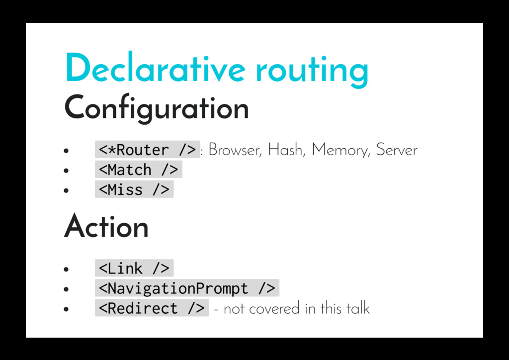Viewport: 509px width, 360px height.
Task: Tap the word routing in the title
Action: pyautogui.click(x=312, y=71)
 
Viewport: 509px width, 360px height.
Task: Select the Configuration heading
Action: pyautogui.click(x=156, y=108)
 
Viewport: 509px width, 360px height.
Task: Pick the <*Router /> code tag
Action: pyautogui.click(x=147, y=150)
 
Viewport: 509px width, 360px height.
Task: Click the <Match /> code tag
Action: pyautogui.click(x=138, y=170)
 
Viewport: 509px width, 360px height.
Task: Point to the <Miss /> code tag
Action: pyautogui.click(x=134, y=189)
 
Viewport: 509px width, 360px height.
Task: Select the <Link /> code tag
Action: pyautogui.click(x=134, y=269)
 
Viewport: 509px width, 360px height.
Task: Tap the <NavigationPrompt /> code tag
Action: pyautogui.click(x=187, y=288)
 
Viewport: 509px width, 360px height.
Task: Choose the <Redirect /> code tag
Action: pyautogui.click(x=152, y=308)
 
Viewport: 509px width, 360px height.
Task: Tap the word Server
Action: pyautogui.click(x=397, y=150)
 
